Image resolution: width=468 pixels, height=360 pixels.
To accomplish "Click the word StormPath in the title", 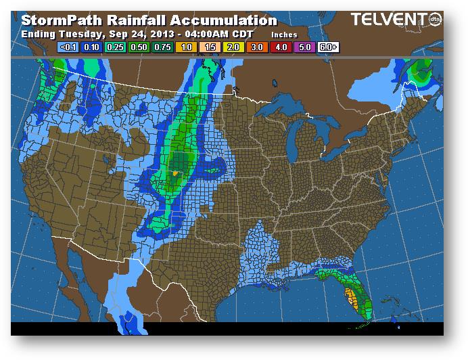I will tap(57, 21).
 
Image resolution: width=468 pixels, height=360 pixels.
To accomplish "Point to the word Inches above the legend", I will tap(285, 34).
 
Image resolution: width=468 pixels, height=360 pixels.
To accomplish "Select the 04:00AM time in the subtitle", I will tap(204, 33).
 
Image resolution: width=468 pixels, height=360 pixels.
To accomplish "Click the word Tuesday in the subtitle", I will tap(71, 33).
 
